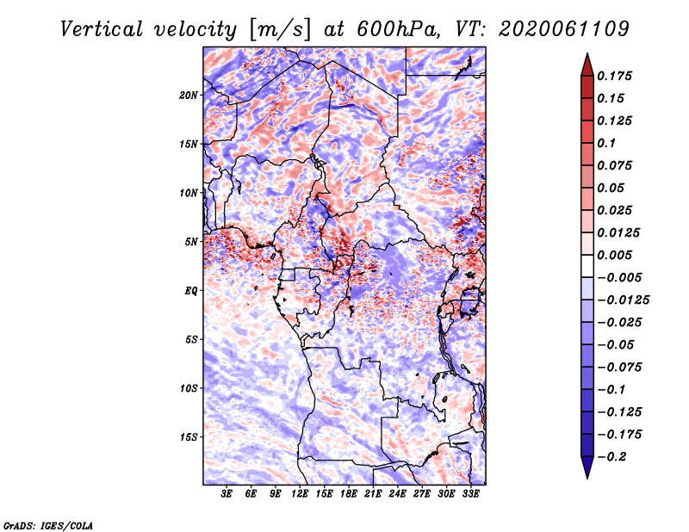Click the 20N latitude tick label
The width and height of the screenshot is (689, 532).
click(189, 96)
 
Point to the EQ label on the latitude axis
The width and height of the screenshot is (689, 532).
click(190, 291)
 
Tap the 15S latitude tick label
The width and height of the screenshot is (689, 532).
click(189, 437)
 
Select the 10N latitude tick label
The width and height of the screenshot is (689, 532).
click(189, 193)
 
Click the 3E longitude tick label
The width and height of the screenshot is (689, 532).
click(227, 493)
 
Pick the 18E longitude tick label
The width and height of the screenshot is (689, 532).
click(349, 493)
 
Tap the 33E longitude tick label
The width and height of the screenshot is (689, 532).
click(470, 493)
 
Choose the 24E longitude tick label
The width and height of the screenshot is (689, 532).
click(397, 493)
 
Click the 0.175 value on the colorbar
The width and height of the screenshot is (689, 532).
click(614, 76)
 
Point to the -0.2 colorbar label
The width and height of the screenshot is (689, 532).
click(611, 457)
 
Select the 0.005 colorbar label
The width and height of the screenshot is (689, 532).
click(614, 255)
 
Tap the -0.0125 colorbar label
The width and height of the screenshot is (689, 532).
click(623, 300)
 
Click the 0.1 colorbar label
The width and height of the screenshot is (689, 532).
click(606, 143)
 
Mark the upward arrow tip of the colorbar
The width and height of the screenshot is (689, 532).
click(587, 53)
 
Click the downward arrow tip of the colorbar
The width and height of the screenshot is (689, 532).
click(587, 478)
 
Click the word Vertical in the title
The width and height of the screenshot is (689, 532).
click(102, 29)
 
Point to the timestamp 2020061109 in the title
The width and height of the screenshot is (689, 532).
click(564, 29)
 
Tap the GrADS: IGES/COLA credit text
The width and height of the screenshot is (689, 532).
click(48, 525)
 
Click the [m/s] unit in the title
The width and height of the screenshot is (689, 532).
click(280, 30)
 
